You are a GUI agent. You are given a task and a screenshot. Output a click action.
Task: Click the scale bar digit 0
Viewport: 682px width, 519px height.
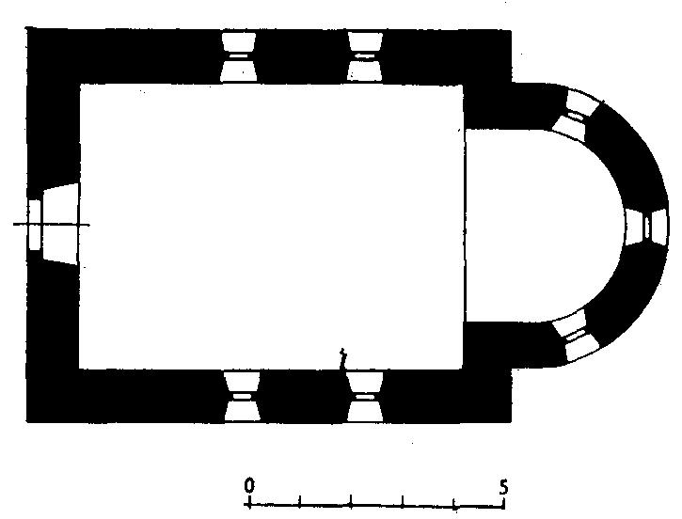[x=248, y=484]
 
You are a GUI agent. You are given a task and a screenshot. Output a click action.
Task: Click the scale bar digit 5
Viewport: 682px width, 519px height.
[x=503, y=486]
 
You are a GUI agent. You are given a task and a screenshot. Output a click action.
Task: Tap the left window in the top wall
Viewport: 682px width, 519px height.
[x=238, y=56]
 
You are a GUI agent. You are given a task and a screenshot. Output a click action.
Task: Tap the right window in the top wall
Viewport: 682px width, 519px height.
[x=365, y=56]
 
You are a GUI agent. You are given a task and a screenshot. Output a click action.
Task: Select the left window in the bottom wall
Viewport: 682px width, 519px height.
[x=242, y=397]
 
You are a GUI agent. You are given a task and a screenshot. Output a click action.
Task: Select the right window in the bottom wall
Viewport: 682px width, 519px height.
[x=365, y=397]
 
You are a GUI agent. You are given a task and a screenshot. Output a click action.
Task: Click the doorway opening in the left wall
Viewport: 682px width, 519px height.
[x=53, y=224]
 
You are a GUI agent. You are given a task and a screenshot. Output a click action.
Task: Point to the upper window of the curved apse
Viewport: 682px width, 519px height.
[x=574, y=115]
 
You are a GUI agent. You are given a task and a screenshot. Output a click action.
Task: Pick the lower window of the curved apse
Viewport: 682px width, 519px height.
[x=576, y=336]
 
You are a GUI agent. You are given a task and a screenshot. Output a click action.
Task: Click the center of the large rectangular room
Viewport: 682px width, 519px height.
[x=272, y=227]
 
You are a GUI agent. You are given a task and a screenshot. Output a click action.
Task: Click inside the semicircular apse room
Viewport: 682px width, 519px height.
[x=544, y=226]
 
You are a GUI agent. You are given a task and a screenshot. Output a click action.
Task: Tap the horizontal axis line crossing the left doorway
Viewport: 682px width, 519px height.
[x=52, y=225]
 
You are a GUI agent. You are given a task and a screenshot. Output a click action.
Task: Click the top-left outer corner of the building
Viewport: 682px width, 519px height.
[x=27, y=29]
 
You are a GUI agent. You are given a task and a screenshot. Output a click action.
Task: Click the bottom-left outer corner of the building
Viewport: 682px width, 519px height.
[x=27, y=421]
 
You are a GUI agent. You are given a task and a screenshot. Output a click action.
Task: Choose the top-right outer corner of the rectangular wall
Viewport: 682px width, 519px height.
[x=511, y=30]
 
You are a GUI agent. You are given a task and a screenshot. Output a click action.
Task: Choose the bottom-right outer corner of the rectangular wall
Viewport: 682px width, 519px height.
[x=512, y=421]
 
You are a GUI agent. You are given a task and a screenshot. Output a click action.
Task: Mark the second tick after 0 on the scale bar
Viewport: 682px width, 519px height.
[x=351, y=501]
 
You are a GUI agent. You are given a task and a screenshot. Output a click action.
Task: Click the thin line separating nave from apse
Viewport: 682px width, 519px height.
[x=465, y=226]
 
